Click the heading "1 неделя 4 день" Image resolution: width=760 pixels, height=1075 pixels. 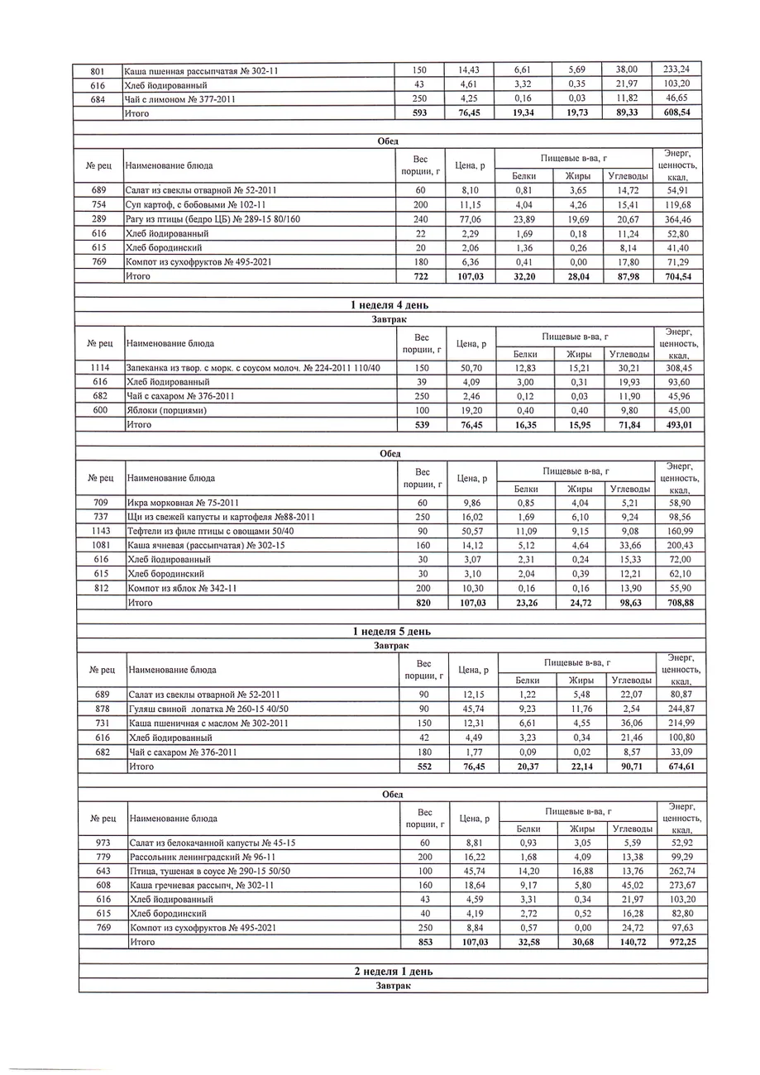click(390, 305)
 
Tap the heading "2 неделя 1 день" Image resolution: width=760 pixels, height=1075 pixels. click(392, 972)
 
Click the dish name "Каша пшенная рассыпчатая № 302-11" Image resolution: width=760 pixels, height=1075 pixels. click(201, 70)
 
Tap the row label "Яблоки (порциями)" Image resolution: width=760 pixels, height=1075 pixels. click(166, 410)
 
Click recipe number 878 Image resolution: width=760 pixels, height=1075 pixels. click(103, 709)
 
